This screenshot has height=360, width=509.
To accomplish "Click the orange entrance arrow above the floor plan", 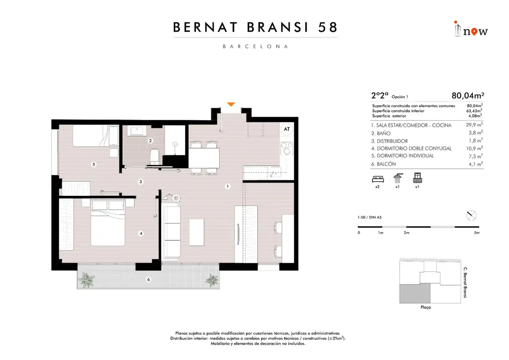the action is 231,104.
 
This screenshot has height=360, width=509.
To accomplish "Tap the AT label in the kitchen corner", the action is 287,129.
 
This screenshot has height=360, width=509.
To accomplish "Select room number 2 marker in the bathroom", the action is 150,141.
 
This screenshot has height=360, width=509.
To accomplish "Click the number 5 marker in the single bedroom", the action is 94,164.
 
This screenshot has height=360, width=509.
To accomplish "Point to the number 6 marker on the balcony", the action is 148,279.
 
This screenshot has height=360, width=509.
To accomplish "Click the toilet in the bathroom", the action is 155,156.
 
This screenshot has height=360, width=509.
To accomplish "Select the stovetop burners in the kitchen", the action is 287,148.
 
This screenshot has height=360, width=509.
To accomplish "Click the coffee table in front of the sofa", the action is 197,232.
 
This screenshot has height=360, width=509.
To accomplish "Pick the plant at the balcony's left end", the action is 86,279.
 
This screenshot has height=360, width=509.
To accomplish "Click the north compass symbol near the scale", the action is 471,215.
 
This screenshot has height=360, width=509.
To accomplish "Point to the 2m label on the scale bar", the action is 406,233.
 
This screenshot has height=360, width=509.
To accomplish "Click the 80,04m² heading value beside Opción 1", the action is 468,96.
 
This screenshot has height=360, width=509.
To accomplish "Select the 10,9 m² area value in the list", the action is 474,148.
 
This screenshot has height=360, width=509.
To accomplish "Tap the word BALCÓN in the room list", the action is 386,164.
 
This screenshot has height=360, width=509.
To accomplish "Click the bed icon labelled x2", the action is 378,179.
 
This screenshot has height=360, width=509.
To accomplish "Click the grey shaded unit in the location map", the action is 415,293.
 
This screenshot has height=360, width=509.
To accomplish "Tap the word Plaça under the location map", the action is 426,307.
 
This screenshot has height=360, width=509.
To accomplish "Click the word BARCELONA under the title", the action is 255,46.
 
